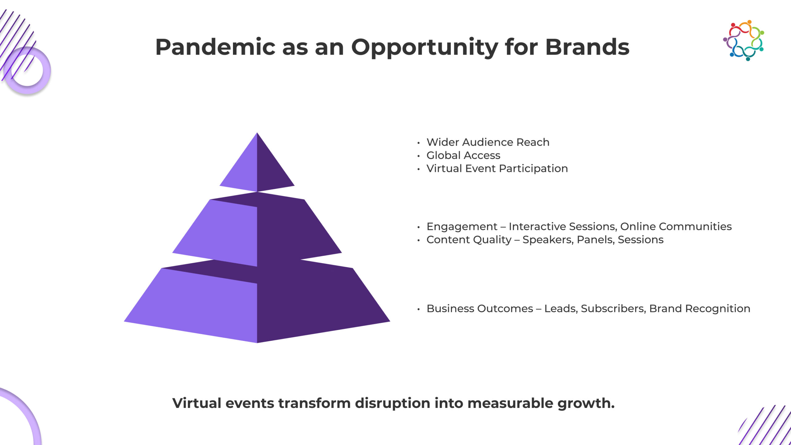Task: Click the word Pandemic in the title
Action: tap(215, 47)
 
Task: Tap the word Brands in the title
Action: tap(587, 47)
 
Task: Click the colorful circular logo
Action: tap(743, 40)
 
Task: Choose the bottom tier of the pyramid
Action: tap(257, 302)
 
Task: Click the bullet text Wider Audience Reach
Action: tap(488, 142)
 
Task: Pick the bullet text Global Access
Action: tap(463, 155)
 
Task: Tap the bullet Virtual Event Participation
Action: tap(497, 168)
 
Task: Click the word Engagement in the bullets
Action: tap(462, 227)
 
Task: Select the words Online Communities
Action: tap(676, 227)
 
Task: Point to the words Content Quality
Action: tap(469, 240)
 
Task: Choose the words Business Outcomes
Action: tap(480, 308)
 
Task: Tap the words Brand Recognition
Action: tap(700, 309)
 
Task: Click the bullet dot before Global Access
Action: tap(418, 156)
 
